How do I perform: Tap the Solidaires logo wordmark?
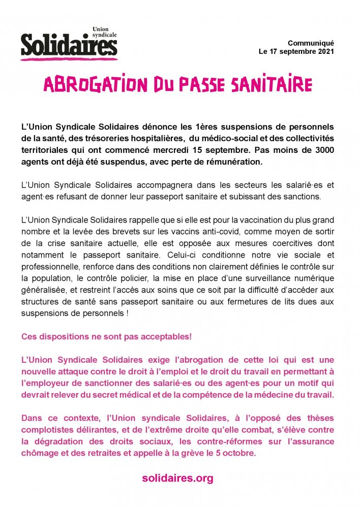tap(69, 45)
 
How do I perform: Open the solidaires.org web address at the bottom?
tap(177, 478)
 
